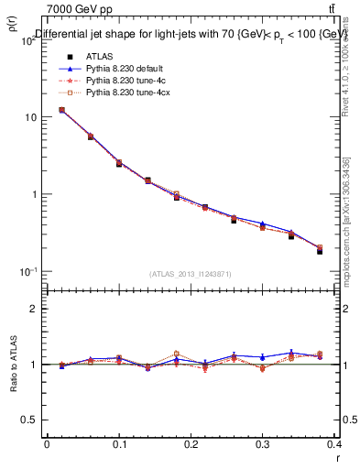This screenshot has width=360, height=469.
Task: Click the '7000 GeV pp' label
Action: pyautogui.click(x=79, y=9)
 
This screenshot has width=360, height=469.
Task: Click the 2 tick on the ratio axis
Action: pyautogui.click(x=34, y=309)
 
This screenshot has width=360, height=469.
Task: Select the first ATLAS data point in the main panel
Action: pyautogui.click(x=61, y=110)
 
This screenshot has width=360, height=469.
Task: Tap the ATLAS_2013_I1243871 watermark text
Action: pyautogui.click(x=190, y=274)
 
